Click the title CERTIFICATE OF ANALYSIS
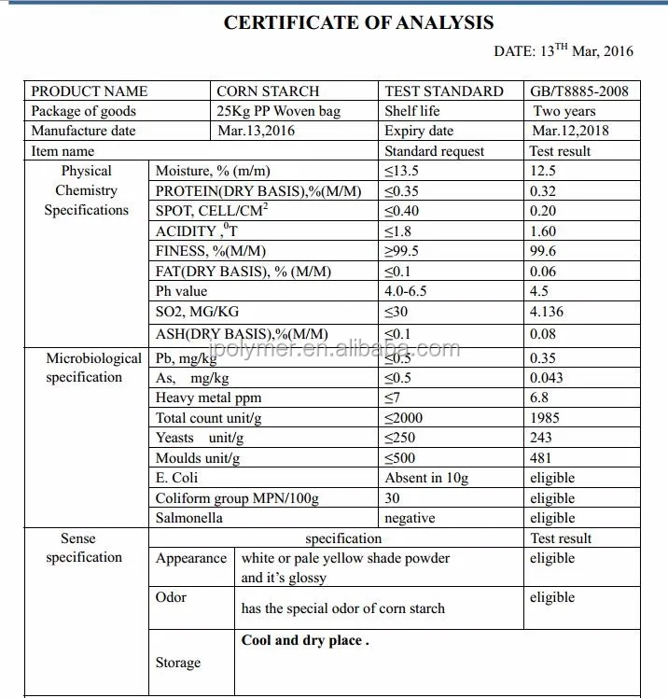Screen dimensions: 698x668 359,23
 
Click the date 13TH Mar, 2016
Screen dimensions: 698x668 563,51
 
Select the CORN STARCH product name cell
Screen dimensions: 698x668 268,91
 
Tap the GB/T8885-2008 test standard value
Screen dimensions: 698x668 579,91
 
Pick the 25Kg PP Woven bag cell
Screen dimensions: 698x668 278,111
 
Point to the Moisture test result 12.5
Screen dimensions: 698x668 542,171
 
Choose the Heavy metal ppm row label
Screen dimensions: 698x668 208,398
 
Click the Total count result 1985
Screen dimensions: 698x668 546,418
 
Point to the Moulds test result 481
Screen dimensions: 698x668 540,458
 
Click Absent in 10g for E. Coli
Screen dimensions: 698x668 426,478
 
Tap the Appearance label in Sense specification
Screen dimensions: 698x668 190,558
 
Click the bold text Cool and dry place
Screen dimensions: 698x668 305,640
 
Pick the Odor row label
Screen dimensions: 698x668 171,597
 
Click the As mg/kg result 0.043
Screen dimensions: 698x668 546,378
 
